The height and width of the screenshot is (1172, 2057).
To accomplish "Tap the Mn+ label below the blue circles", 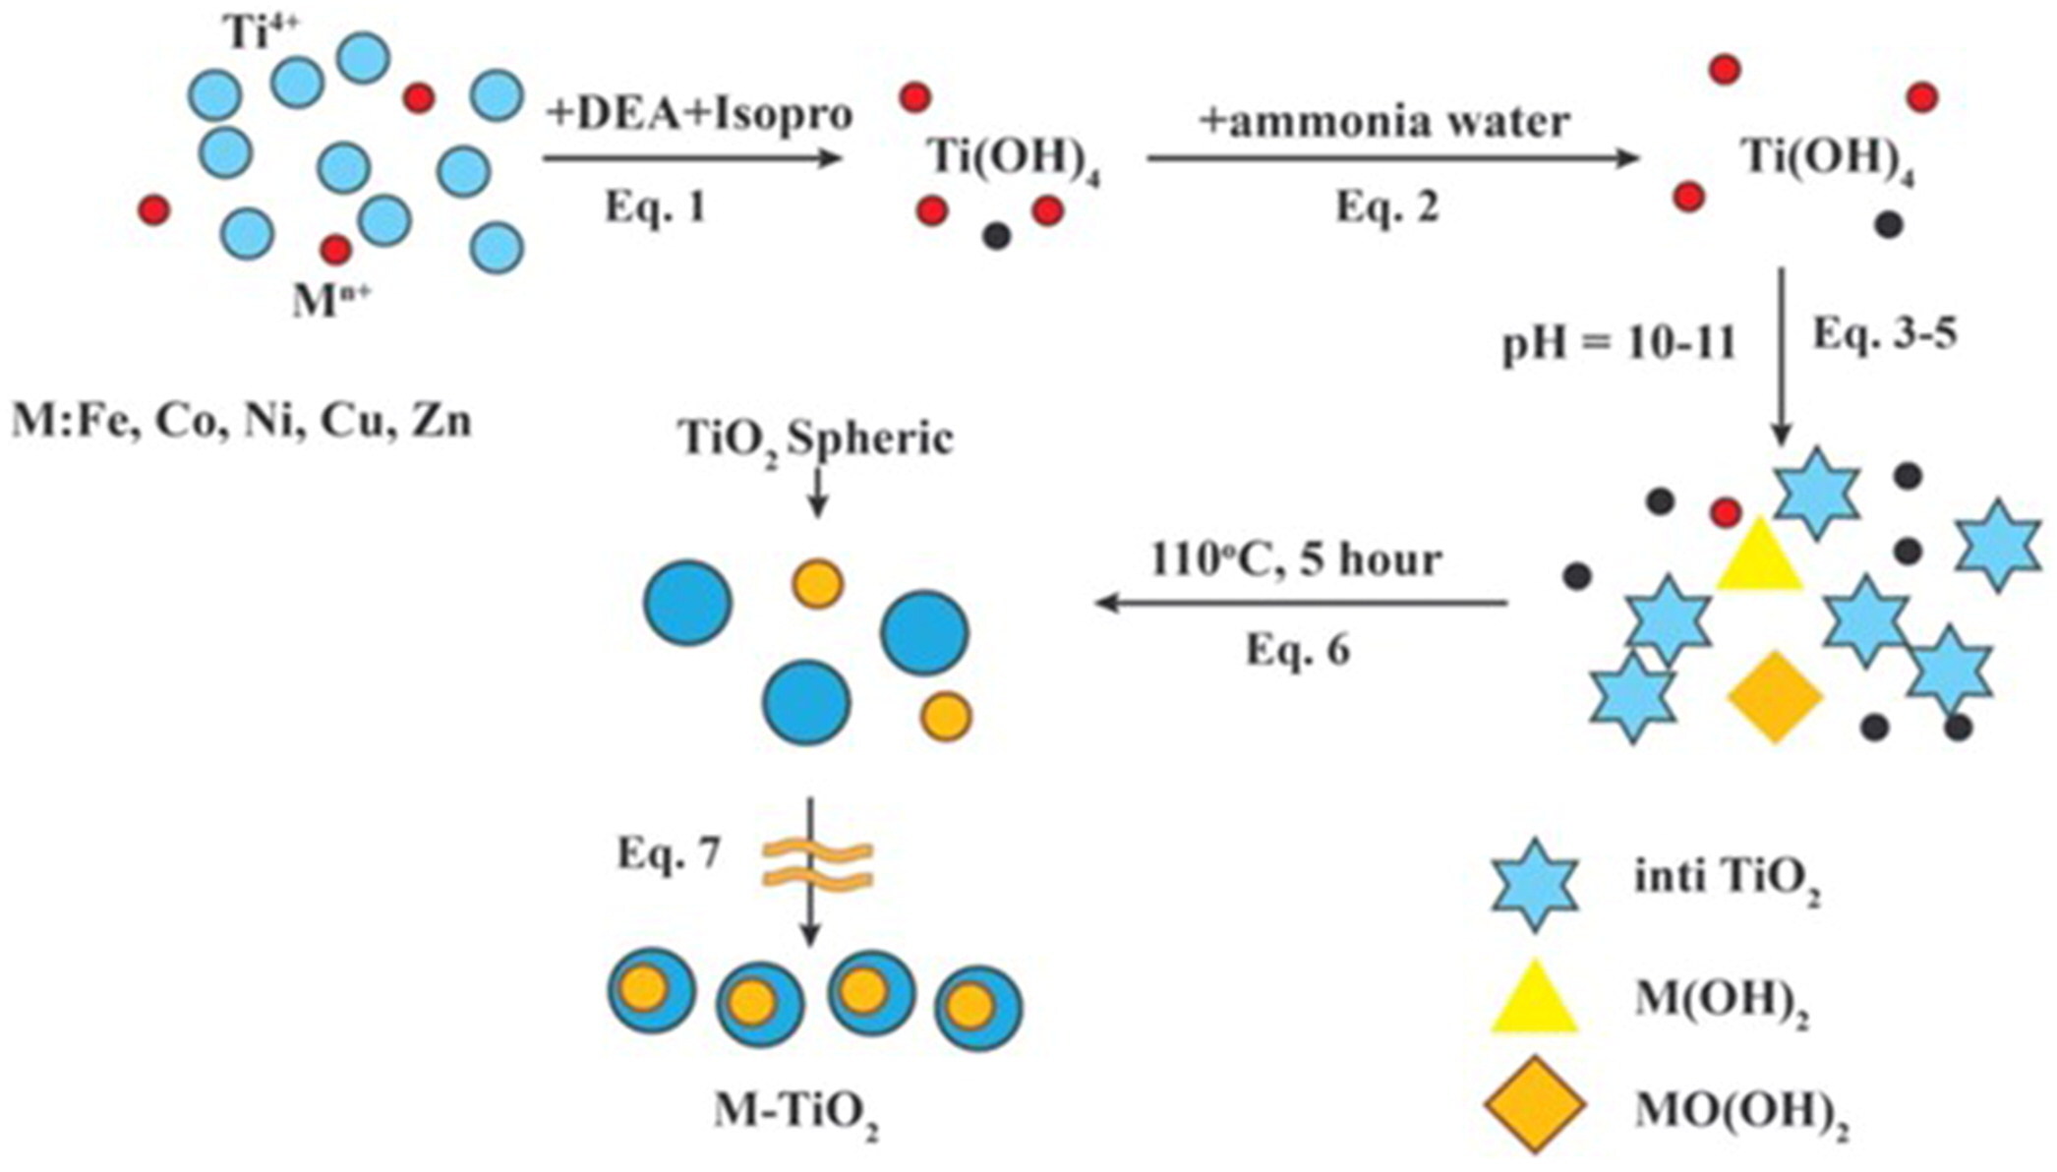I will (330, 300).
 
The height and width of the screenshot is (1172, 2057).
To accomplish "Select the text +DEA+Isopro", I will (699, 114).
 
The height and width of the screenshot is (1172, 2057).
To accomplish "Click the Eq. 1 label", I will (655, 206).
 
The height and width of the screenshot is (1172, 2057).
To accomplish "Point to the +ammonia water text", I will (1384, 121).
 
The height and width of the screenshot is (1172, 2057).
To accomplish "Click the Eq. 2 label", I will (1386, 206).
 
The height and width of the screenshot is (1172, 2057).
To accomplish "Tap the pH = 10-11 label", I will (1618, 345).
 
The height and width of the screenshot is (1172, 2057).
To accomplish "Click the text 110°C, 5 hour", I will (1296, 559).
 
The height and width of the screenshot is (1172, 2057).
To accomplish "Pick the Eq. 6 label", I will (1298, 649).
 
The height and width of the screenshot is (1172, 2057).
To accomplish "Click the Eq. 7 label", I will (669, 853).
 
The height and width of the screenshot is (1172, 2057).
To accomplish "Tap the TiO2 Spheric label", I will (816, 439).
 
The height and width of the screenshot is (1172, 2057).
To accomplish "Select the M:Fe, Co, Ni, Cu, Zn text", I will (242, 421).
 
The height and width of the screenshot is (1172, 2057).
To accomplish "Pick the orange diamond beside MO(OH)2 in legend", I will (1534, 1105).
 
